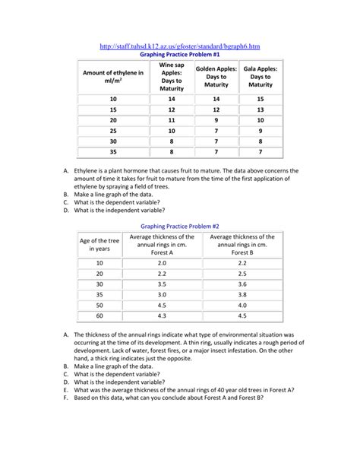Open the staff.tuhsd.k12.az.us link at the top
pos(180,47)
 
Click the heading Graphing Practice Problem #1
pos(180,55)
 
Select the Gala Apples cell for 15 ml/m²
pos(260,109)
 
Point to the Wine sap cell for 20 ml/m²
pos(172,120)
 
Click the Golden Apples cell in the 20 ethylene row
pos(216,120)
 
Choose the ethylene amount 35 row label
pos(113,151)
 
